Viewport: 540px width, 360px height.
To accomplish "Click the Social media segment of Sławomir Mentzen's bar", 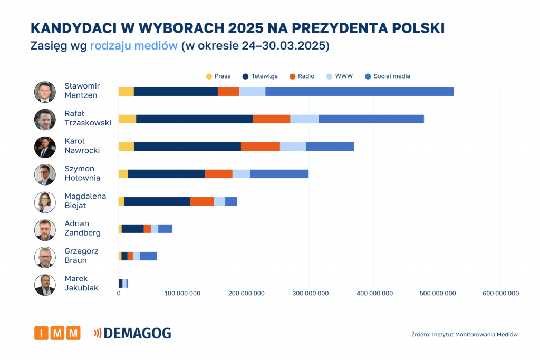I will coord(359,92).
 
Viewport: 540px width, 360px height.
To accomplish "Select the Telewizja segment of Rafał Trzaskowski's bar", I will coord(194,119).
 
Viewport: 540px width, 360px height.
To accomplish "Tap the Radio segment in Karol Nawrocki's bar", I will coord(260,147).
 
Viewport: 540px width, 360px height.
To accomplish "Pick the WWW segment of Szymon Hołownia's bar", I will coord(241,174).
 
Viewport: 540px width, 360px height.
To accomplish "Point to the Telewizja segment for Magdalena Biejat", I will coord(157,201).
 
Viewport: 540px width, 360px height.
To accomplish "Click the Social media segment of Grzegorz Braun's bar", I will coord(148,256).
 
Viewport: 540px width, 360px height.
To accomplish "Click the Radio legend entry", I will coord(302,76).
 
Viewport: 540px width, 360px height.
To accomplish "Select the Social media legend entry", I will coord(388,76).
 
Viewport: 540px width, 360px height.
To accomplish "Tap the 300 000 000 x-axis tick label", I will coord(310,294).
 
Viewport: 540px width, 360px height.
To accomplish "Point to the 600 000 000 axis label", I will coord(500,294).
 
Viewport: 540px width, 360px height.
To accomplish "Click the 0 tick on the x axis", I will coord(119,294).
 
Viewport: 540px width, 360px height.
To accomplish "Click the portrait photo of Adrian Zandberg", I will coord(45,230).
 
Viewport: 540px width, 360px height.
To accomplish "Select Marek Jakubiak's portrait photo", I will coord(45,285).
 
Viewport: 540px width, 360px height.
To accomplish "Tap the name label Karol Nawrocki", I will coord(82,146).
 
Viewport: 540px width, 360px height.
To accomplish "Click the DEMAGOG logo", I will coord(132,333).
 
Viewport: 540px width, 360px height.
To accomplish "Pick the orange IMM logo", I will coord(57,333).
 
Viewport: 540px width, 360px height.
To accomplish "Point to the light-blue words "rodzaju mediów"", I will coord(133,46).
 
